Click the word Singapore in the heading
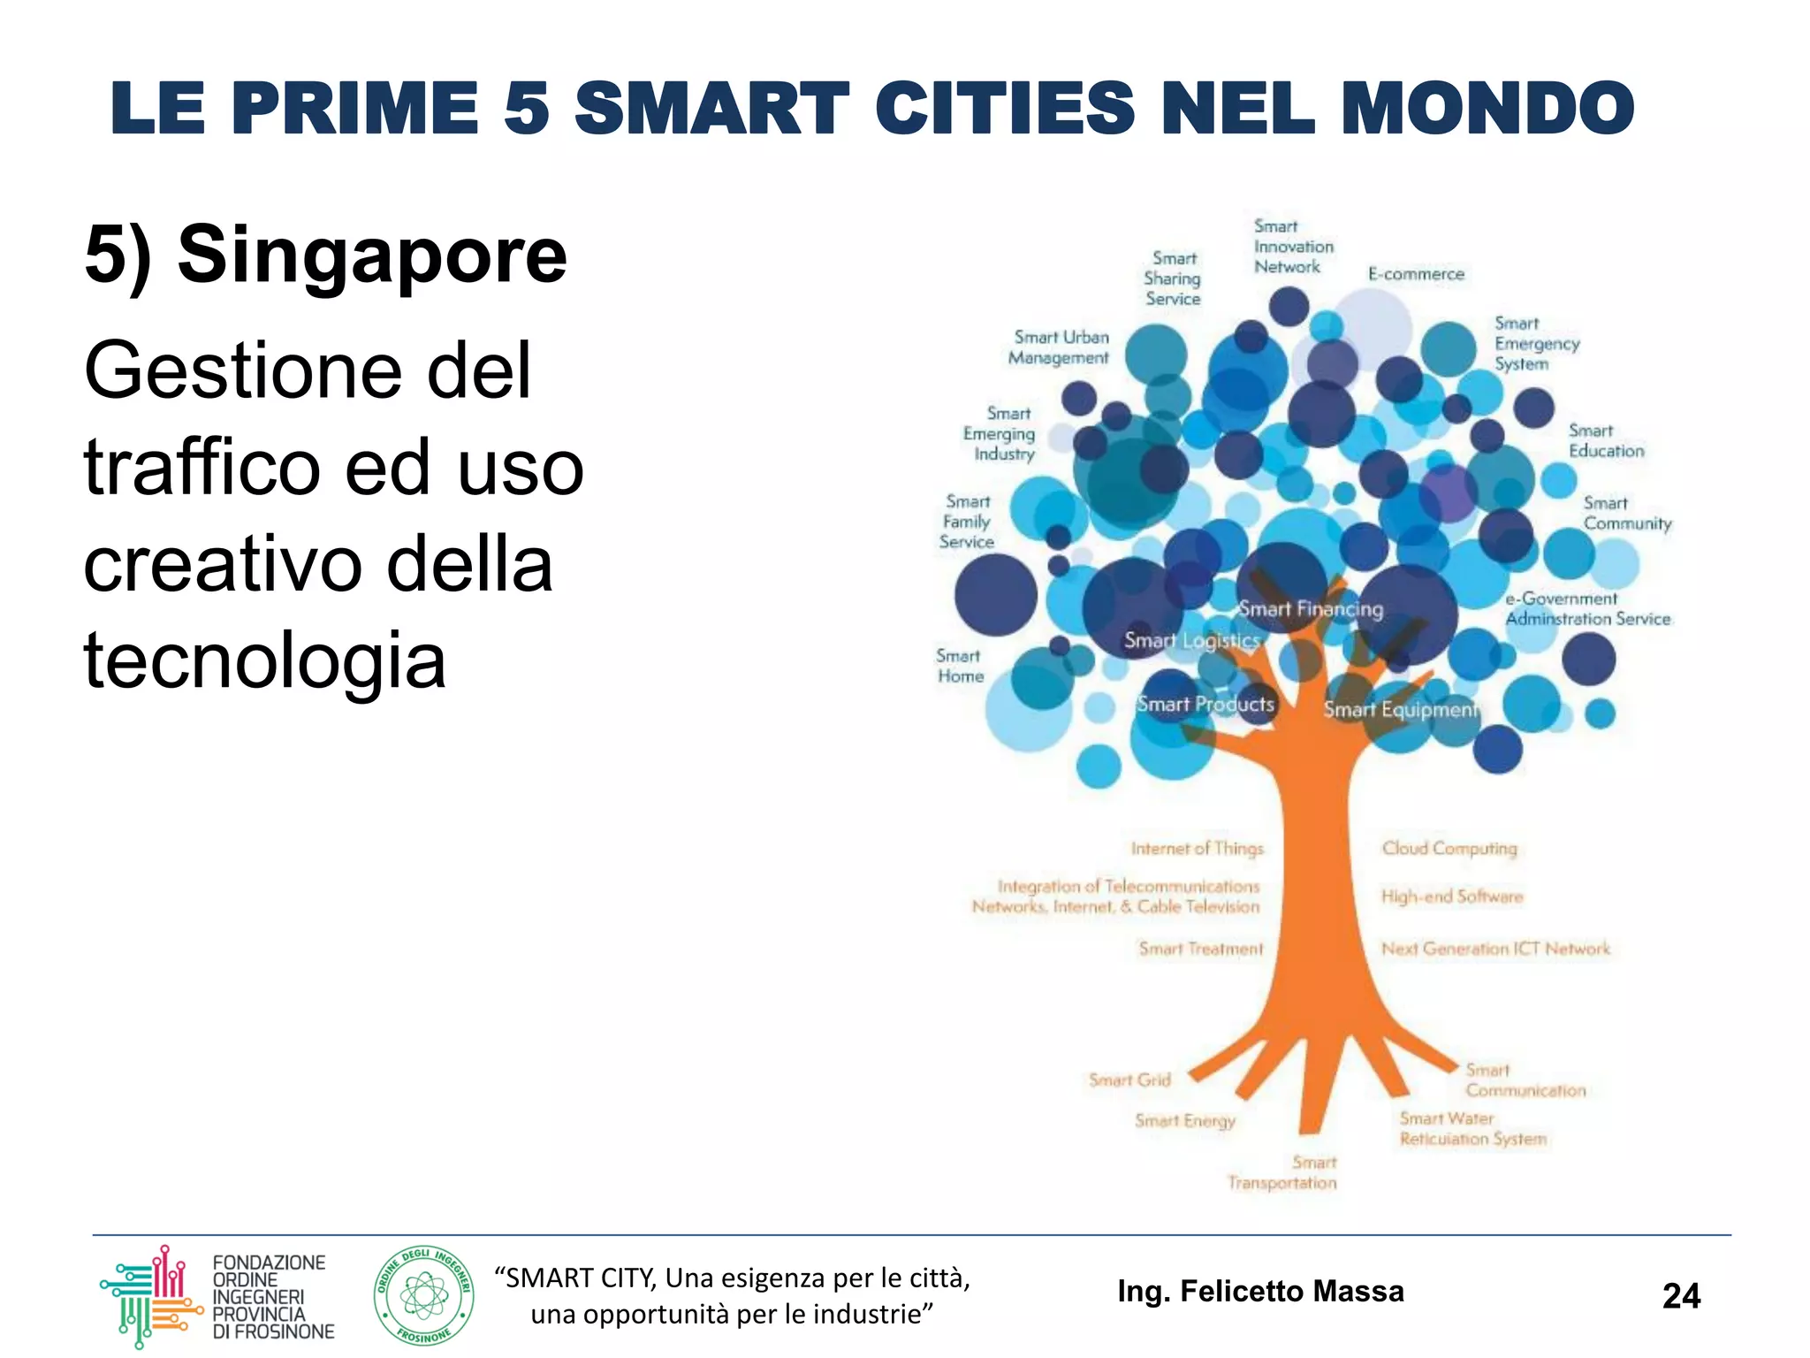(372, 256)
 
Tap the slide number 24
(1680, 1296)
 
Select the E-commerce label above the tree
(1416, 274)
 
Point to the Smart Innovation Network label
(1293, 247)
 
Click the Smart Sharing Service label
(1173, 278)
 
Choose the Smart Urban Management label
(1060, 347)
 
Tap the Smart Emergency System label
(1536, 343)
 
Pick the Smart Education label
(1606, 440)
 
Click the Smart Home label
(960, 666)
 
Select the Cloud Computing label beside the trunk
(1449, 848)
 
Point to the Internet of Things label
(1198, 849)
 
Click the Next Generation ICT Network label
(1495, 949)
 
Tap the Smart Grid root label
(1129, 1080)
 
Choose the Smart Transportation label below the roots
(1282, 1173)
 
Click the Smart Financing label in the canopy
(1311, 608)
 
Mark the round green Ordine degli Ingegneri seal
(424, 1296)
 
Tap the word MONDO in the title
(1487, 109)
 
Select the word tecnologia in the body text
(264, 660)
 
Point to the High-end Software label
(1452, 896)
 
